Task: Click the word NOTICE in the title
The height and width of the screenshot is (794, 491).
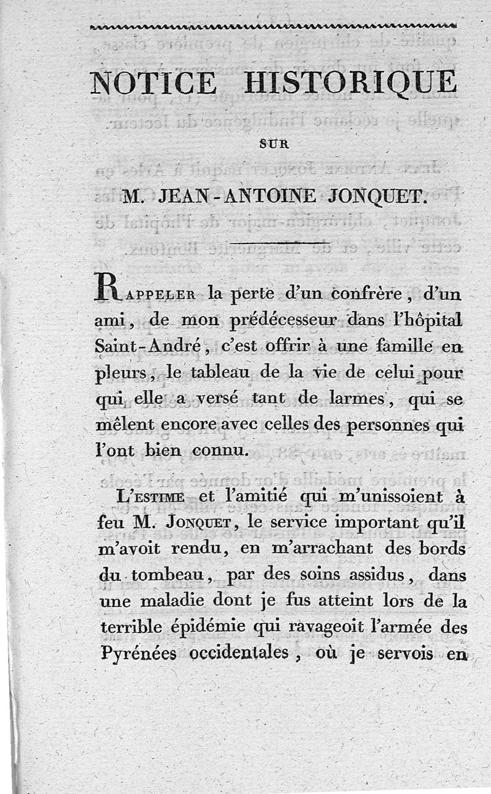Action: click(x=153, y=82)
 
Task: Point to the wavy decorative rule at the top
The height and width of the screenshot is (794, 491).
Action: click(x=273, y=26)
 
